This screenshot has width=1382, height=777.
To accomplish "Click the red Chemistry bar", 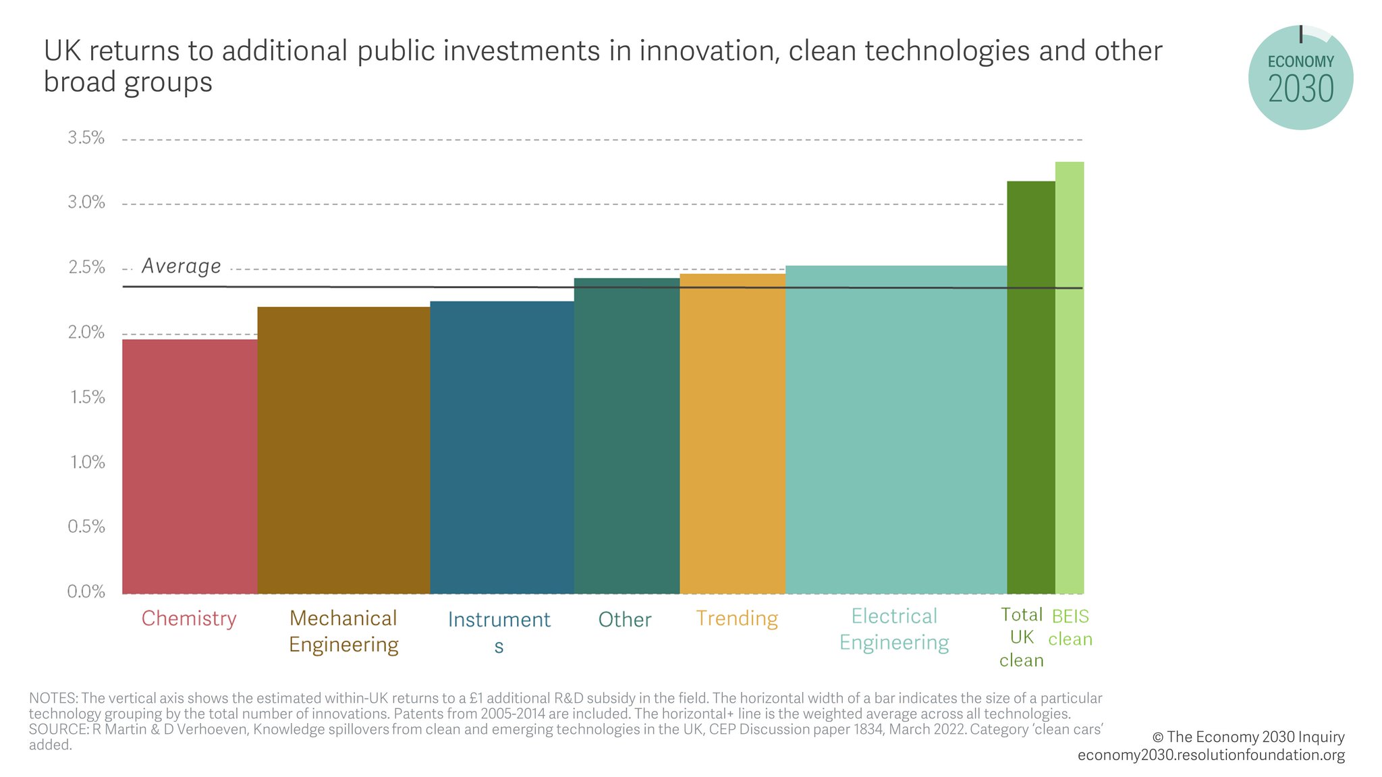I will click(x=190, y=466).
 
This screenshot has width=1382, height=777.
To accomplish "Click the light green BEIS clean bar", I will click(x=1070, y=378).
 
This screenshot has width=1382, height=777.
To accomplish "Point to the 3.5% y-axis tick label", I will click(x=86, y=138).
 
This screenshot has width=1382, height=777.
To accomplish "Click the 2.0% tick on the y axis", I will click(x=86, y=333).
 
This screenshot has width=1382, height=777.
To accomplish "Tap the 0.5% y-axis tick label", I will click(x=86, y=527).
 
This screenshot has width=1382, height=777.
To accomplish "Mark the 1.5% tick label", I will click(x=86, y=397).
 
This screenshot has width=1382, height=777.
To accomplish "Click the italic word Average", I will click(x=181, y=266).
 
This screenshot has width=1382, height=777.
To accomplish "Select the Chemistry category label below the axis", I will click(x=189, y=618).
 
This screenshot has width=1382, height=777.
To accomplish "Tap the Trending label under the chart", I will click(x=737, y=618).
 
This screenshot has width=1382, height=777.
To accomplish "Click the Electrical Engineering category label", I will click(x=894, y=629).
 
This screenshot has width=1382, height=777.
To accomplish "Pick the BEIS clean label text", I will click(x=1070, y=628).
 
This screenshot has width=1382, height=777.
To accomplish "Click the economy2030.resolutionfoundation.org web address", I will click(x=1211, y=755).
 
